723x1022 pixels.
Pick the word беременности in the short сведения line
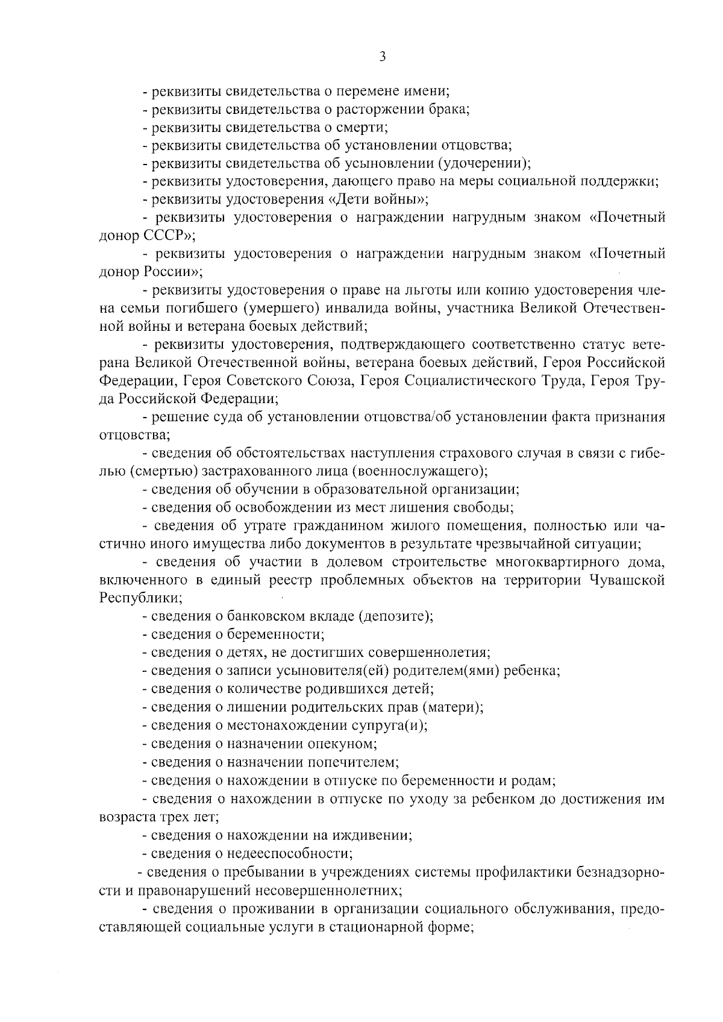point(275,635)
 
